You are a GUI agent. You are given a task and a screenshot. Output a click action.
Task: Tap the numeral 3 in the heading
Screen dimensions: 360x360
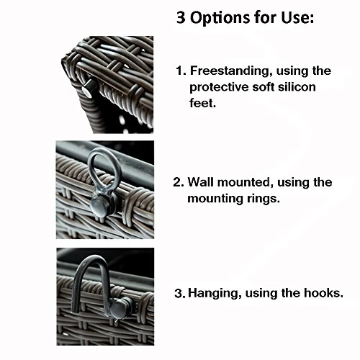tap(181, 17)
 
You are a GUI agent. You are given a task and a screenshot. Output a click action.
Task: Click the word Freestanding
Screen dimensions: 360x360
tap(231, 71)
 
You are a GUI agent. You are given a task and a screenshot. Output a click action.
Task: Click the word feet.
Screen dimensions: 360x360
tap(202, 103)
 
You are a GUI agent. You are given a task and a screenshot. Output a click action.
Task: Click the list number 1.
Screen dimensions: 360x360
tap(181, 71)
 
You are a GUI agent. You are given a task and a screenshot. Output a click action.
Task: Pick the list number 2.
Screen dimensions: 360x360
tap(179, 182)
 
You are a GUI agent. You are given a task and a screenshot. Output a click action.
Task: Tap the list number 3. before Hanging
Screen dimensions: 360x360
tap(180, 293)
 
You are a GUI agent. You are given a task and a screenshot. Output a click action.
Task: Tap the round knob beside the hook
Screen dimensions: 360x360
tap(119, 308)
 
